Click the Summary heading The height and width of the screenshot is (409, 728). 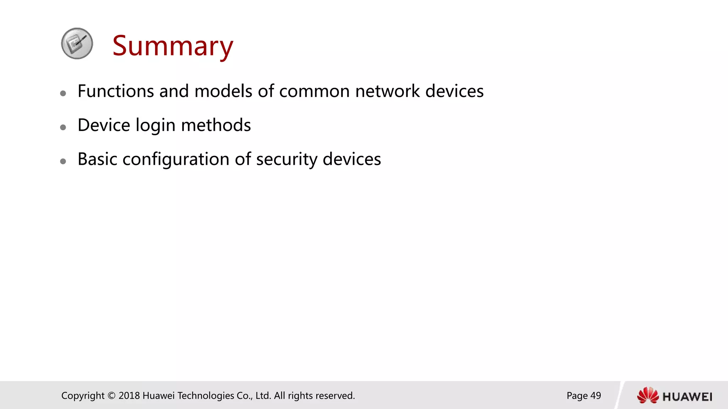coord(173,46)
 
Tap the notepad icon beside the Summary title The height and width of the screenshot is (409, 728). coord(77,43)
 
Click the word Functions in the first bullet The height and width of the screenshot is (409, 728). coord(116,91)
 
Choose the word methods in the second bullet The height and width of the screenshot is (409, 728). coord(216,125)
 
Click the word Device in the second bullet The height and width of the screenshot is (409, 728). coord(104,125)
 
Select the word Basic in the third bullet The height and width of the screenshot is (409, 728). coord(97,159)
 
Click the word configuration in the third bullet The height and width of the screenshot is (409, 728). coord(176,160)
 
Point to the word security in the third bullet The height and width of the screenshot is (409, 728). coord(287,160)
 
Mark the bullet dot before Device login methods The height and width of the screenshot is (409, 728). coord(63,127)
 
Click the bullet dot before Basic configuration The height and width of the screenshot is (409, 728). coord(63,161)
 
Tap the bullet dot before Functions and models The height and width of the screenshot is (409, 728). coord(63,93)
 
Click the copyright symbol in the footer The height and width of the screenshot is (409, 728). coord(112,396)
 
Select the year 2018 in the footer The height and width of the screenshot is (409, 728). coord(129,396)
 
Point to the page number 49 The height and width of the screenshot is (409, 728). coord(595,396)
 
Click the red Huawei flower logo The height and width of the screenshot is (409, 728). coord(648,396)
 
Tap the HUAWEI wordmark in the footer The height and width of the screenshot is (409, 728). coord(687,397)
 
